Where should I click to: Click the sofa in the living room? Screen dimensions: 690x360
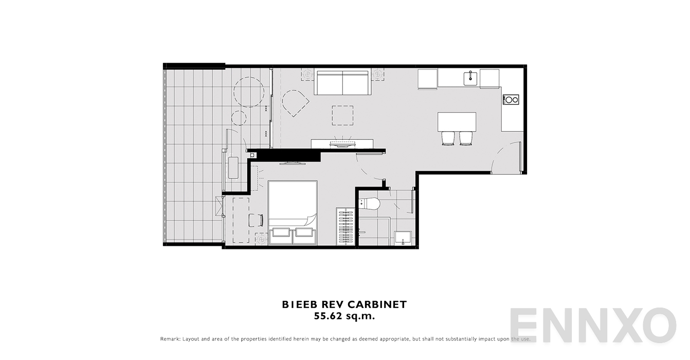[343, 83]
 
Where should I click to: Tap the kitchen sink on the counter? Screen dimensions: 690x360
[470, 79]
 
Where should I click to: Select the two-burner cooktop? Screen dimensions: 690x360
[511, 100]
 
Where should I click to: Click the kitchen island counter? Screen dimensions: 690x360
[457, 121]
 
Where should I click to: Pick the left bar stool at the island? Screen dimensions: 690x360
[448, 138]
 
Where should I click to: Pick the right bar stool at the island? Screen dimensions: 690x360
[466, 138]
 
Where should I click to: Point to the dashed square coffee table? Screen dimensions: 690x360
[342, 115]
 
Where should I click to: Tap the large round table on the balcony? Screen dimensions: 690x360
[249, 92]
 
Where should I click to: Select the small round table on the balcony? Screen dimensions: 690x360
[239, 118]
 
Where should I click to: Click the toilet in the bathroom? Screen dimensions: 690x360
[370, 204]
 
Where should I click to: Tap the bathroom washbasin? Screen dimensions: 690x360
[403, 238]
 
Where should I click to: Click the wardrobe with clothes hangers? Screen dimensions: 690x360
[346, 226]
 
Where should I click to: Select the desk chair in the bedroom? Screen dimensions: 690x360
[256, 220]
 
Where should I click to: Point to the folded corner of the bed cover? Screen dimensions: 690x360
[310, 220]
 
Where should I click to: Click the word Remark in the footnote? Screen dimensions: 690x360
[170, 339]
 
